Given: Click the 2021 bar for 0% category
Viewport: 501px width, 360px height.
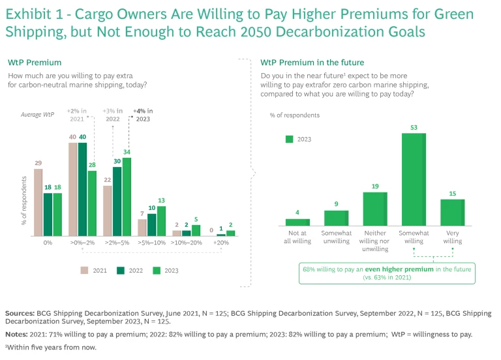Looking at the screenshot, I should point(38,202).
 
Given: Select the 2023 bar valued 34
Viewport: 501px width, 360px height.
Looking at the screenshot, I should point(127,196).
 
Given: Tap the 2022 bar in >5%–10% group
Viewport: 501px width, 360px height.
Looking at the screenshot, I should point(152,224).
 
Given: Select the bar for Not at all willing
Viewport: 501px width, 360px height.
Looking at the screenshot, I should point(297,222).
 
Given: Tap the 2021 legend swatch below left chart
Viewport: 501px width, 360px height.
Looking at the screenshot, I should point(85,270).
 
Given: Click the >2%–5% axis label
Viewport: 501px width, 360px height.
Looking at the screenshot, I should point(117,242).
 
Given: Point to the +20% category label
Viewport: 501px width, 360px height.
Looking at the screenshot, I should point(221,242).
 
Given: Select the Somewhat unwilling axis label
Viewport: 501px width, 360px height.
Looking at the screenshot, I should point(336,237).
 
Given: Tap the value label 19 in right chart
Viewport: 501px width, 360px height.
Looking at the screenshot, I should point(374,187).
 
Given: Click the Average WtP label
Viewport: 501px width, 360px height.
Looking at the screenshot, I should point(38,115).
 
